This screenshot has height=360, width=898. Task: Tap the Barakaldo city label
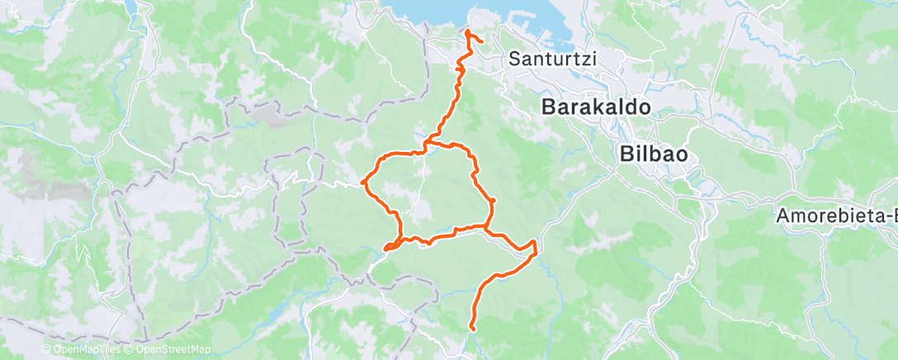click(596, 107)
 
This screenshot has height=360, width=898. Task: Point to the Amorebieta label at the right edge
click(836, 216)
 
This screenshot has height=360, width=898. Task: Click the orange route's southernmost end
click(472, 329)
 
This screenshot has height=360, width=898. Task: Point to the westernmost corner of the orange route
click(364, 182)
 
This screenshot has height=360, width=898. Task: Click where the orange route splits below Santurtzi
click(426, 145)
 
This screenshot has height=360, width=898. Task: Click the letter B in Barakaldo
click(548, 107)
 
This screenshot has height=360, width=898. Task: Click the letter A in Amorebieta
click(782, 216)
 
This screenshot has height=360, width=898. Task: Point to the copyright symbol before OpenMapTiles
click(45, 349)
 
